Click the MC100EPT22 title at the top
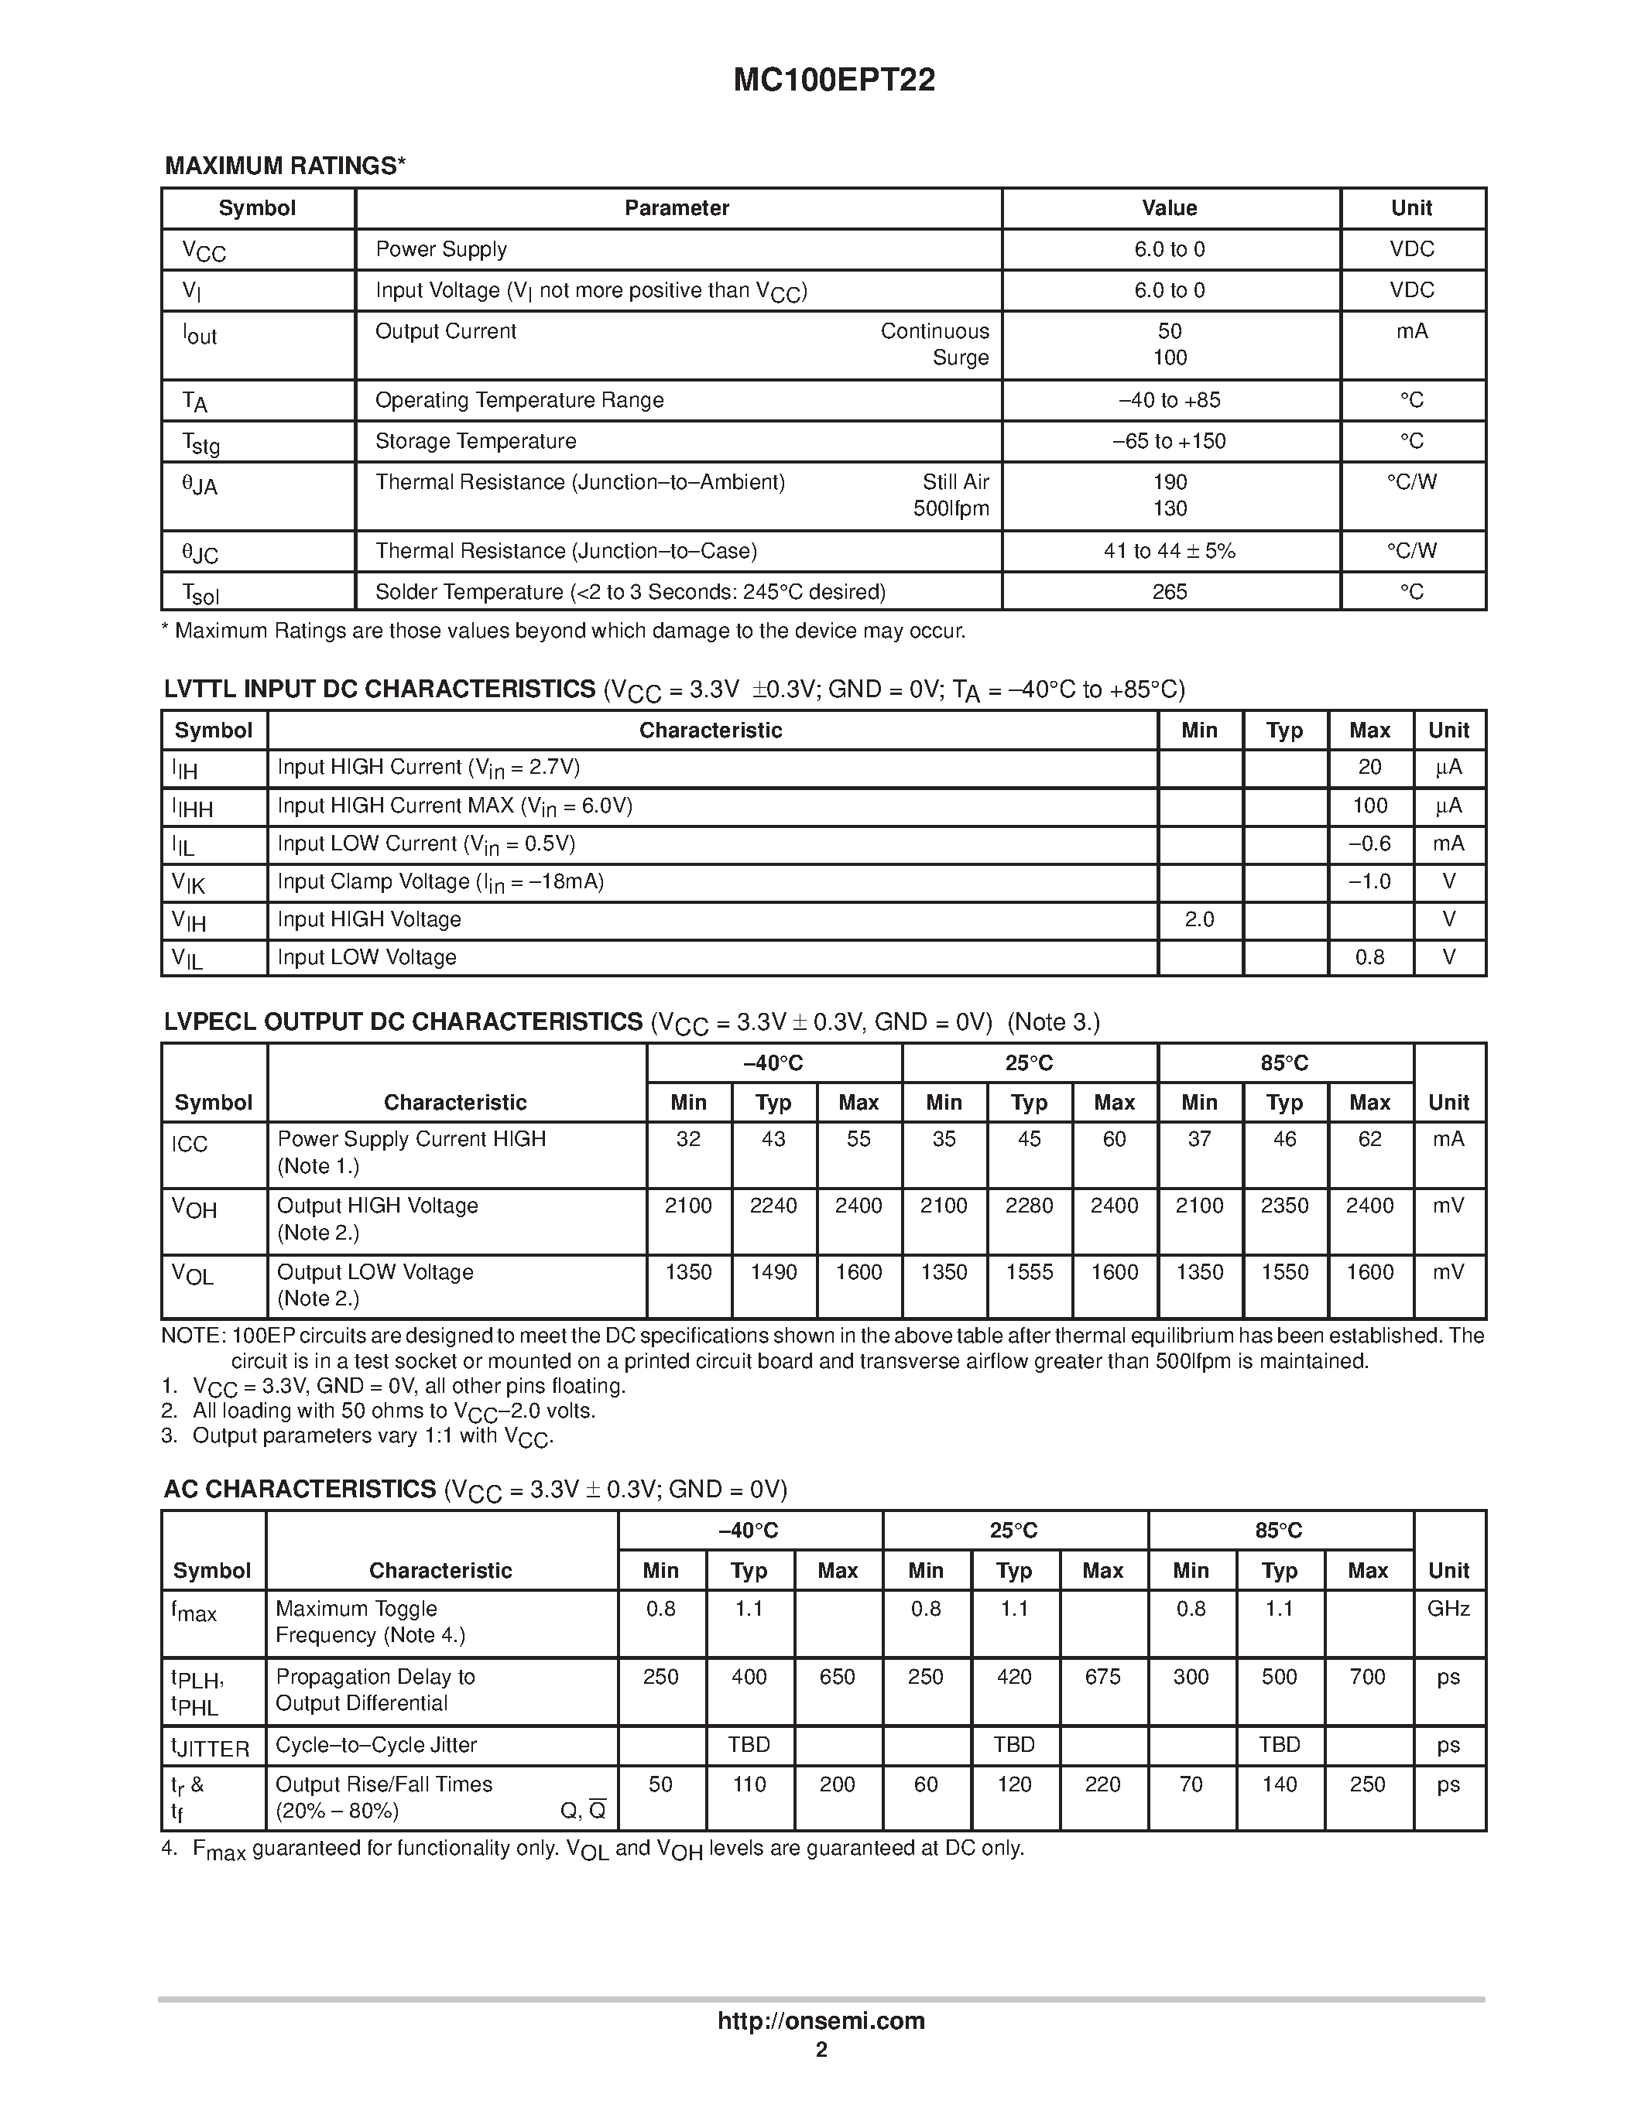point(834,80)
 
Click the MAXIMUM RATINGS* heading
point(285,166)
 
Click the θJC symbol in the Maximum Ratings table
point(200,553)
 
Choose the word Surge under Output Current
point(960,358)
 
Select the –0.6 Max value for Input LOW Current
point(1369,843)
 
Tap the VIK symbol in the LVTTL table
point(189,883)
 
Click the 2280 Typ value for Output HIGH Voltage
point(1029,1206)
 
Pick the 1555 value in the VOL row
point(1029,1271)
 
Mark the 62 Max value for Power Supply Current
point(1369,1139)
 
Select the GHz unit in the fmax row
point(1448,1609)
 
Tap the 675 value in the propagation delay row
point(1102,1677)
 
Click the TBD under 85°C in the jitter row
point(1279,1744)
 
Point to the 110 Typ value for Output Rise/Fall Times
point(749,1784)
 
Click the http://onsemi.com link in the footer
point(821,2020)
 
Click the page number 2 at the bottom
point(821,2049)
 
